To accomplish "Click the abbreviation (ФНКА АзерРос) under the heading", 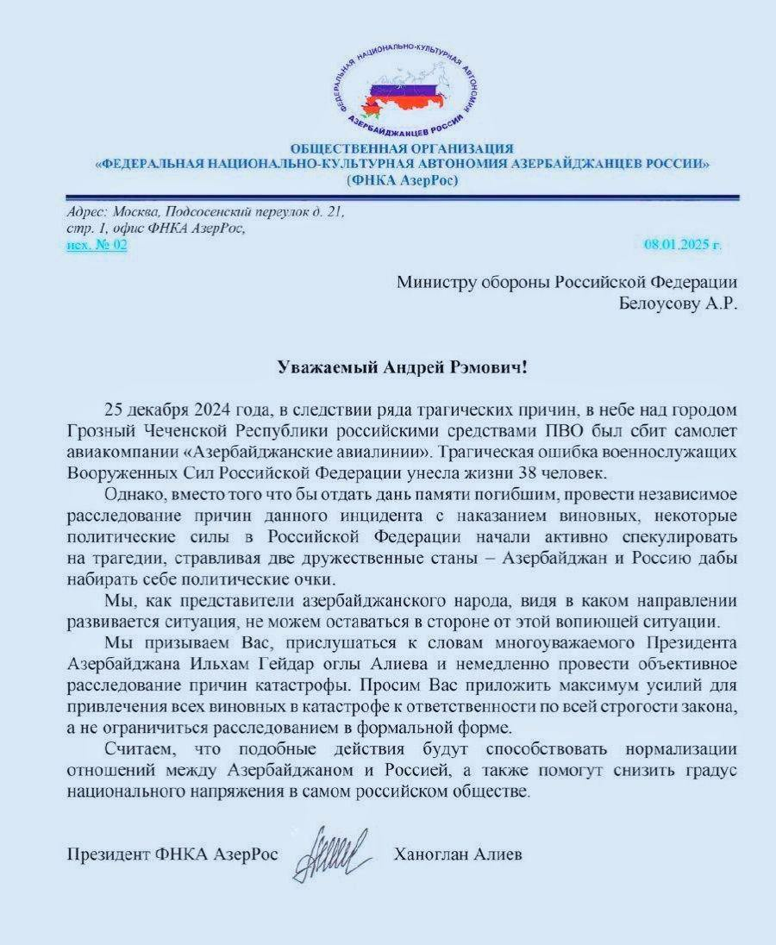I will tap(403, 180).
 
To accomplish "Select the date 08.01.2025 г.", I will tap(682, 245).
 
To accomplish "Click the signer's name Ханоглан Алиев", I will tap(458, 855).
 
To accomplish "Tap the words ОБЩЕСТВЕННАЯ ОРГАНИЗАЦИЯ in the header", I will tap(402, 149).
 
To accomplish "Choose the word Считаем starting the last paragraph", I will tap(135, 748).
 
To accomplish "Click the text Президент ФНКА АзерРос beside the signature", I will tap(172, 855).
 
